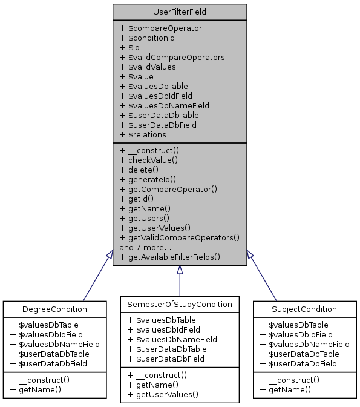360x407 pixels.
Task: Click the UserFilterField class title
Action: coord(179,12)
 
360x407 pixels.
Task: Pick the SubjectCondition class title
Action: coord(304,309)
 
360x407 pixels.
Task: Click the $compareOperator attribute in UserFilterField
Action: coord(161,28)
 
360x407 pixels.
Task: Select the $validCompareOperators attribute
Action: coord(172,57)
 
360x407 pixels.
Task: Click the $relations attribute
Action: coord(145,134)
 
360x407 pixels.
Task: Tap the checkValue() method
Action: coord(149,160)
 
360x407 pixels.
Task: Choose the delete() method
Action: coord(142,170)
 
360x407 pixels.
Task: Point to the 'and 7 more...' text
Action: coord(146,247)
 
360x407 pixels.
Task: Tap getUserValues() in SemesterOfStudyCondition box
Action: coord(163,394)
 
